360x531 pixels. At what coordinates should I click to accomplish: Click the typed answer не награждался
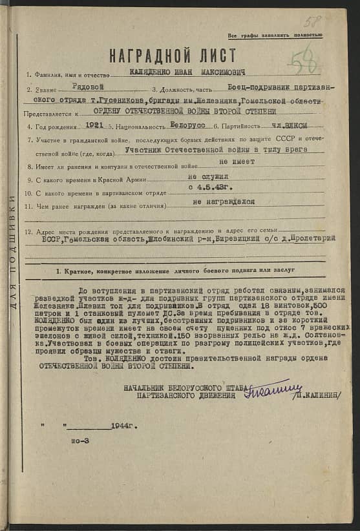pyautogui.click(x=224, y=202)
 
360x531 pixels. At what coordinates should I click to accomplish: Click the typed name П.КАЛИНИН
pyautogui.click(x=316, y=394)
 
